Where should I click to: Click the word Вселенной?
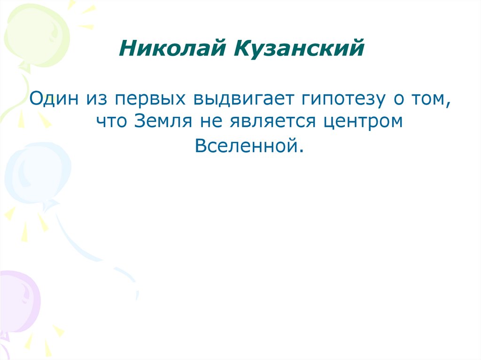(247, 146)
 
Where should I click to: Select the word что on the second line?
(110, 122)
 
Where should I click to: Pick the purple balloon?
(19, 300)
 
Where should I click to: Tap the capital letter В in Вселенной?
(200, 146)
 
